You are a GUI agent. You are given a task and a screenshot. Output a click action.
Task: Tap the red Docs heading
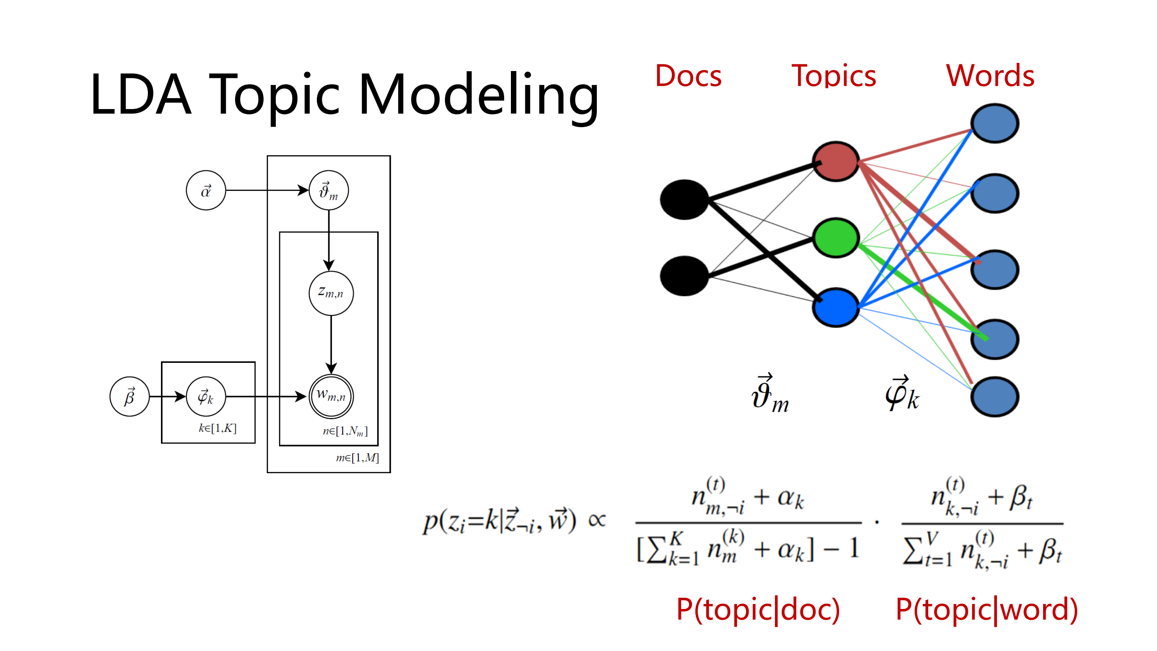(688, 76)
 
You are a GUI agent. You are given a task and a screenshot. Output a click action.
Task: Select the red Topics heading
(833, 76)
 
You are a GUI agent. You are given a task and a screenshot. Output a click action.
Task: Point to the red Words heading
(990, 76)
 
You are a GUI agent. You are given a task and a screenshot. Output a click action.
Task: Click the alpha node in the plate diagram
(206, 190)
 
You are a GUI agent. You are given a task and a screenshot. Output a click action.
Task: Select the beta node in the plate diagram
(129, 397)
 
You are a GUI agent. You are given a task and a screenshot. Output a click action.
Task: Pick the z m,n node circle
(331, 293)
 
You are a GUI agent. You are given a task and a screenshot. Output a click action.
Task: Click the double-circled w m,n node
(331, 396)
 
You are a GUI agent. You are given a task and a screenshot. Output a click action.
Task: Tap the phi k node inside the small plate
(206, 397)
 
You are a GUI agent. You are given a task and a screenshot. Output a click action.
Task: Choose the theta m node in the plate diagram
(329, 190)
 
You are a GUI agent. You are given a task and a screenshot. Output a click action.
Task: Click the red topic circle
(836, 162)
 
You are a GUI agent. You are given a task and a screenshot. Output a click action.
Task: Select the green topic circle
(836, 238)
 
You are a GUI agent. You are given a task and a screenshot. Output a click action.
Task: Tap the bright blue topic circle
(836, 308)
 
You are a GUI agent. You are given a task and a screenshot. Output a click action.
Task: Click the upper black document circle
(684, 200)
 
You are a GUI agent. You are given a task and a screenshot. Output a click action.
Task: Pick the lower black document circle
(684, 276)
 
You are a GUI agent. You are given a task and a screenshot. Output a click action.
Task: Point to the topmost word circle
(994, 124)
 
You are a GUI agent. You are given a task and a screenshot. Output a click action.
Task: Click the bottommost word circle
(994, 397)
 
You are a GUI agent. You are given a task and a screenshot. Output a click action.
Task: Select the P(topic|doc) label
(758, 609)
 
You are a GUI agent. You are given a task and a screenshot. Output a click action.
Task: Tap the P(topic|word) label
(987, 609)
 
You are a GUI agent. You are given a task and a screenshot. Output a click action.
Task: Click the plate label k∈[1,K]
(217, 428)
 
